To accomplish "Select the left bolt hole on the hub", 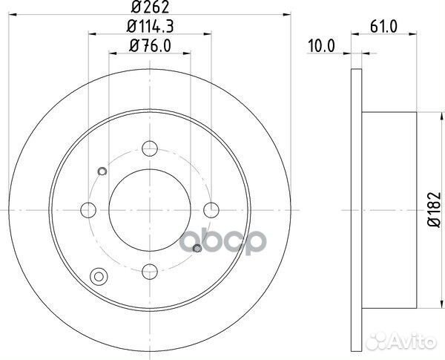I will [88, 209].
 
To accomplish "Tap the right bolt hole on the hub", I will [211, 209].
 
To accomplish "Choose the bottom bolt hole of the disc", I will [150, 270].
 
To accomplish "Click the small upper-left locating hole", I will [102, 173].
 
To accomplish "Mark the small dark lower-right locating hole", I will [197, 249].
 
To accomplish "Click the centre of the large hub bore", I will [150, 209].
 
